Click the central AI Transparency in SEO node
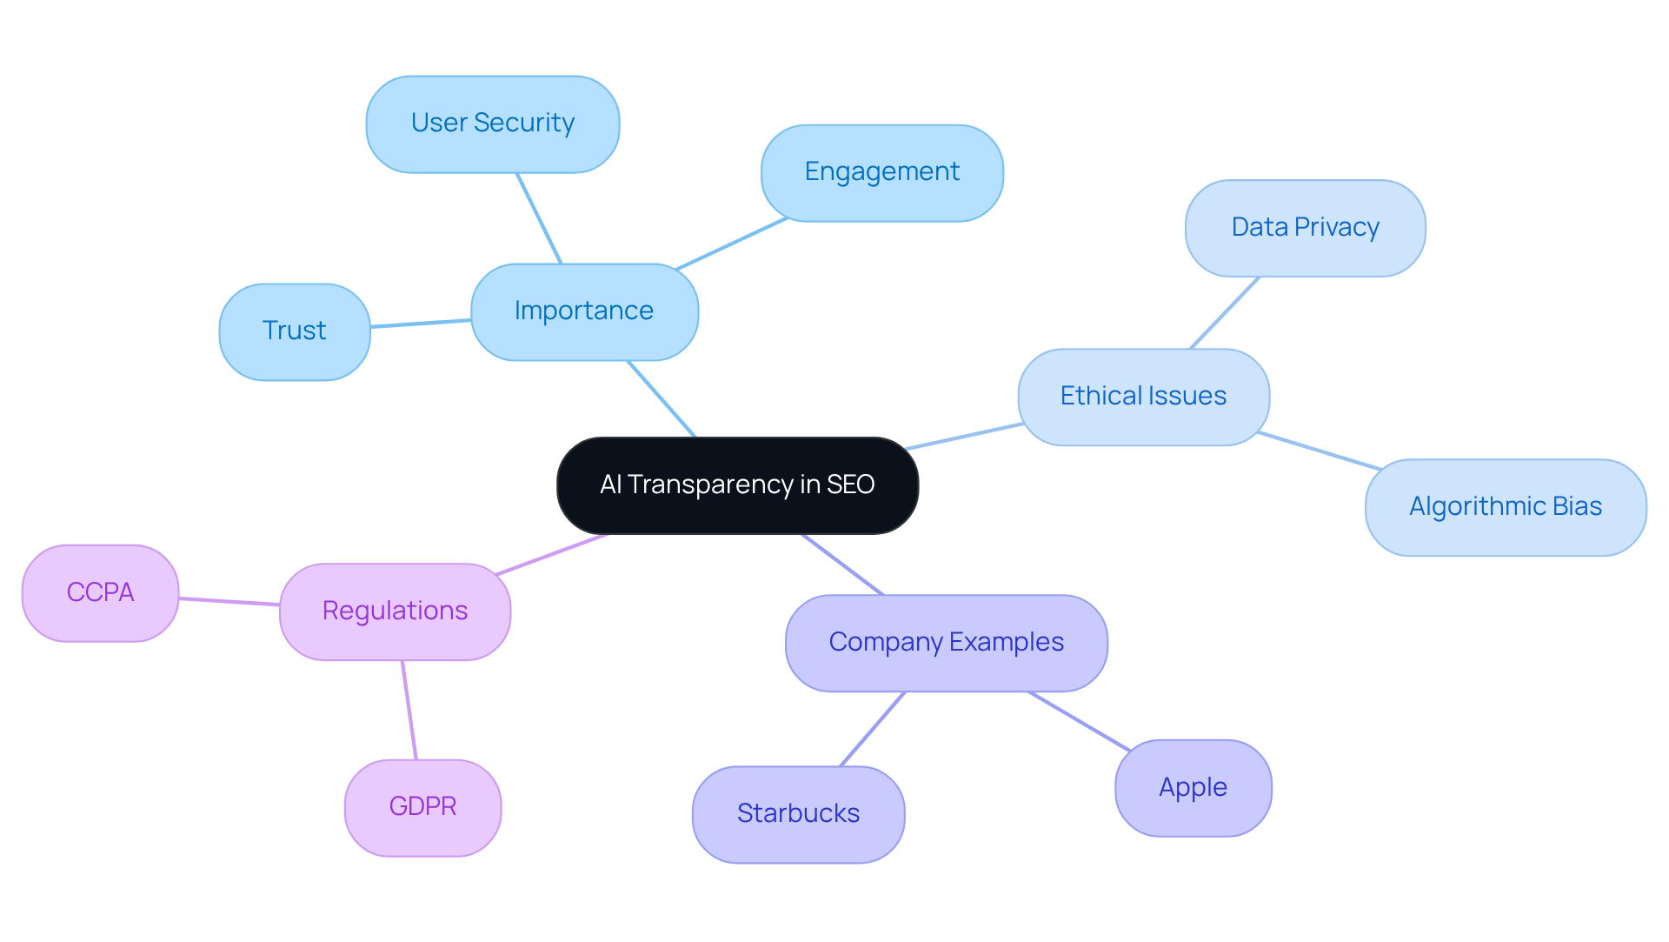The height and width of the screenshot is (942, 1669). click(x=737, y=484)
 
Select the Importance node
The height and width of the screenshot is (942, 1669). click(x=584, y=311)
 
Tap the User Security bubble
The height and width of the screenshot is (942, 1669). click(x=493, y=124)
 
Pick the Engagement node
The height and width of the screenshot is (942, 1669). click(x=881, y=172)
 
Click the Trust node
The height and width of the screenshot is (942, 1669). click(x=295, y=331)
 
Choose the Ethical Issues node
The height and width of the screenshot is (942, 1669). click(x=1143, y=397)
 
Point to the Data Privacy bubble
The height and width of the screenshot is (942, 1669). click(x=1305, y=228)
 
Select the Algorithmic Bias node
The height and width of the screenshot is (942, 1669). click(x=1505, y=507)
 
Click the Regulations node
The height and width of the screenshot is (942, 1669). click(x=395, y=611)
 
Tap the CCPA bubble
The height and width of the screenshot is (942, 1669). click(x=100, y=593)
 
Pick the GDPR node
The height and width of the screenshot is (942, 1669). click(x=422, y=807)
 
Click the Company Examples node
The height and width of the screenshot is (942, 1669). click(x=946, y=643)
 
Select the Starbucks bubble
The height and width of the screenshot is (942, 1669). click(x=798, y=814)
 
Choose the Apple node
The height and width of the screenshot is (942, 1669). click(x=1193, y=788)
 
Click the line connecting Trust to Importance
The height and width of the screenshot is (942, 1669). click(x=421, y=324)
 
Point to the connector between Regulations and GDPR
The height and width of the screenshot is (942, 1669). click(x=409, y=710)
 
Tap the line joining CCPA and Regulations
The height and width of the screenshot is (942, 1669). click(x=229, y=601)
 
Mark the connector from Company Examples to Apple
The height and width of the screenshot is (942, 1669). click(x=1079, y=721)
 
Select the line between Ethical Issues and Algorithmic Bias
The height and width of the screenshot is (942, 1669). click(x=1319, y=451)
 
